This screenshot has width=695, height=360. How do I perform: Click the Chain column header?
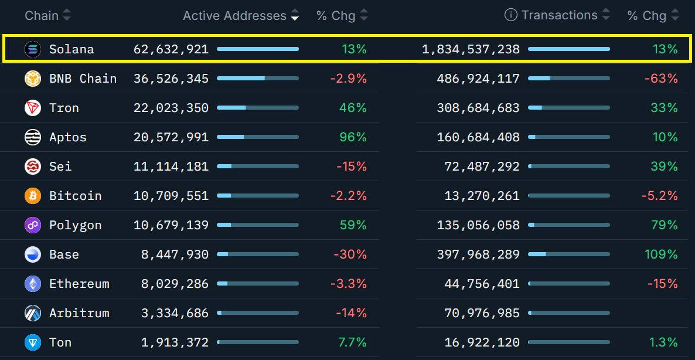pos(42,16)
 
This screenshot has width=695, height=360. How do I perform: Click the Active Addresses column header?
pos(234,16)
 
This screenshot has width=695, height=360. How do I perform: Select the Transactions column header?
pos(560,16)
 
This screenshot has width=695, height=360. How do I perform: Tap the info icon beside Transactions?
pos(511,16)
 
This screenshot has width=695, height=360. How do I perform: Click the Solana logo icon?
pos(33,49)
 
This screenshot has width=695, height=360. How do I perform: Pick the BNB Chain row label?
pos(83,79)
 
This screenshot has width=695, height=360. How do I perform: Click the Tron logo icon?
pos(33,108)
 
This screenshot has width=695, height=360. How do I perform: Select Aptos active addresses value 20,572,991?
pos(171,137)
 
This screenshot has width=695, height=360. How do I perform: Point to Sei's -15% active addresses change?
pos(352,167)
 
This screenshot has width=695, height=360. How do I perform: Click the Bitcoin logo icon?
pos(33,196)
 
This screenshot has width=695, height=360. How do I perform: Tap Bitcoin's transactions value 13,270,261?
pos(482,196)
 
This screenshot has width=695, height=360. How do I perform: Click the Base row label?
pos(64,254)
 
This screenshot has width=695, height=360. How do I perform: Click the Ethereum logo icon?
pos(33,284)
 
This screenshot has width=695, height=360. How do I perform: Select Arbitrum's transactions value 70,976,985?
pos(482,313)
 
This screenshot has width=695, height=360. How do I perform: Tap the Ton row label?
pos(60,342)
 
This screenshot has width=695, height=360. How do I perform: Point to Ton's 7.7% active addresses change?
pos(353,342)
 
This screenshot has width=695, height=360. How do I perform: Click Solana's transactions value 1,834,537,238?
pos(471,49)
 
